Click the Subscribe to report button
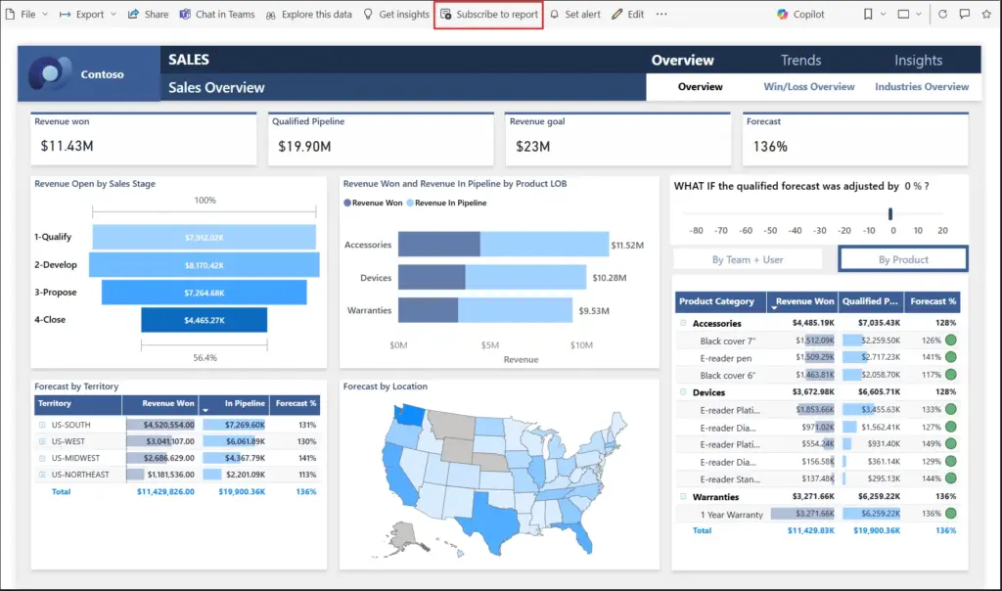coord(488,15)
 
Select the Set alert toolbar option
coord(575,15)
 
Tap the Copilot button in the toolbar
coord(801,15)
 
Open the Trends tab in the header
coord(800,60)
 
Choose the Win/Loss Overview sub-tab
coord(809,87)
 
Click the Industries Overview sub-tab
coord(922,87)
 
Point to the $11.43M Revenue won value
coord(68,146)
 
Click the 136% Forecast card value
coord(770,146)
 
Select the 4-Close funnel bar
coord(204,320)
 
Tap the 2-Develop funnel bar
coord(204,265)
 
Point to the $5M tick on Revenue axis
coord(489,345)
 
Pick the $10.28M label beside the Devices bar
coord(610,278)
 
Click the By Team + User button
coord(748,259)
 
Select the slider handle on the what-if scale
coord(890,214)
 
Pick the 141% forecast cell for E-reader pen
coord(931,357)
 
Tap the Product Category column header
coord(716,301)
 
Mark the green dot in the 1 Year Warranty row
coord(950,514)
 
